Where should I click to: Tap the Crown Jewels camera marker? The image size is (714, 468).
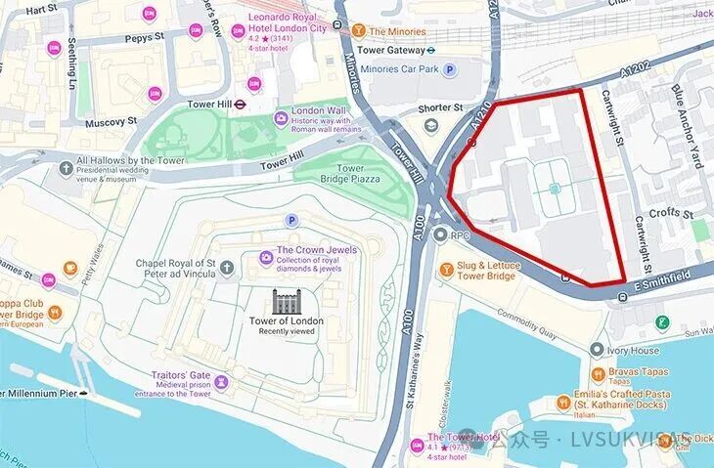266,257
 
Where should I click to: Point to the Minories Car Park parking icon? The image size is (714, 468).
450,69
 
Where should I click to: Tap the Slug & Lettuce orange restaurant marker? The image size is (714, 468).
446,269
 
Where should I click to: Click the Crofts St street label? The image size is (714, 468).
672,213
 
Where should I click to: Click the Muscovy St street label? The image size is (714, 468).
110,121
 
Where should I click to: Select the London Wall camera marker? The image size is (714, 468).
281,117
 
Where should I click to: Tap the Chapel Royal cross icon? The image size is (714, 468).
227,267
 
